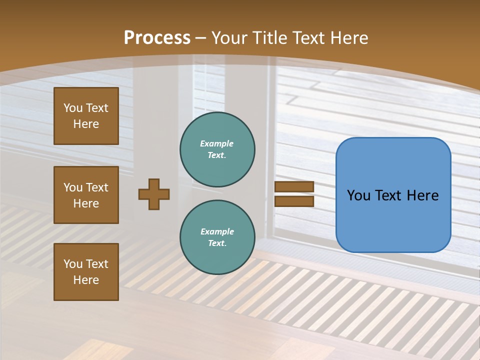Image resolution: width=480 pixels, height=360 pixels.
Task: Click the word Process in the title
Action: (157, 38)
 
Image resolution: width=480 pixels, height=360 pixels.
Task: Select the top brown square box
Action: (86, 116)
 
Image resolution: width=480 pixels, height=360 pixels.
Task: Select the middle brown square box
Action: (86, 195)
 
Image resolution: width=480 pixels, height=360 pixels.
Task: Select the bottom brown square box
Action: (86, 272)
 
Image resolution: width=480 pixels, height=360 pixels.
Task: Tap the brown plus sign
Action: (154, 194)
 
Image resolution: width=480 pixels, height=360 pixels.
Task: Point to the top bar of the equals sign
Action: (294, 187)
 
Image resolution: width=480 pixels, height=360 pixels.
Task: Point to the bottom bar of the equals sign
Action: (294, 201)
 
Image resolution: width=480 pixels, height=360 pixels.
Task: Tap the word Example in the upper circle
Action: (217, 143)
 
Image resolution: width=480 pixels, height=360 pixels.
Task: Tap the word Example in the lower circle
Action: (217, 231)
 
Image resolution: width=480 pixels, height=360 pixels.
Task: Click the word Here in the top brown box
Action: (86, 124)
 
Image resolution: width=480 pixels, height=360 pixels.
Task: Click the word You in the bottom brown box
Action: (73, 264)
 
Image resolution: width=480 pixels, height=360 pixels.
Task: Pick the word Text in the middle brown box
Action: (96, 187)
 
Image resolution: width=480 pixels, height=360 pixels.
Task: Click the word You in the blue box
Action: (358, 195)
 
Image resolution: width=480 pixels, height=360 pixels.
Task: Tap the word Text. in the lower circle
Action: (217, 243)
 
